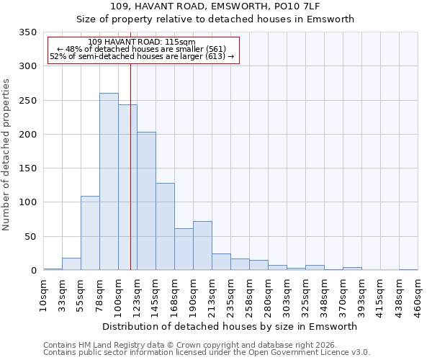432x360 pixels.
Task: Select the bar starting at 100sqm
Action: (x=127, y=187)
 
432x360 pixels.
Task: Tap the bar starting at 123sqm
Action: (x=146, y=201)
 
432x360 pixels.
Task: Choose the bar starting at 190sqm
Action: (x=202, y=246)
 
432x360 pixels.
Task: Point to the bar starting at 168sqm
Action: (x=184, y=249)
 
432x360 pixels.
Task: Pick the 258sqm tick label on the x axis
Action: (x=249, y=293)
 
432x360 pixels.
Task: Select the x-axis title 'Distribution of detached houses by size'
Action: (x=230, y=326)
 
